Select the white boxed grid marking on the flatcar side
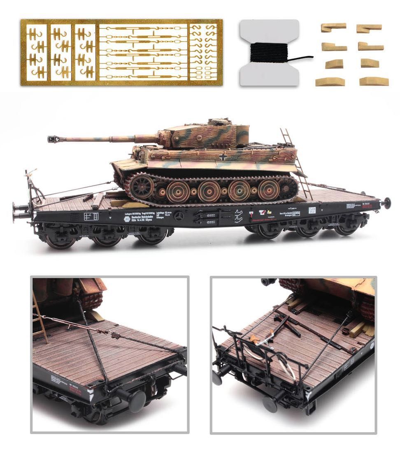[x=91, y=216]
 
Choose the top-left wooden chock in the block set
[x=333, y=28]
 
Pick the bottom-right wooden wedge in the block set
[x=374, y=81]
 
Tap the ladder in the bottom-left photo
[x=40, y=317]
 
